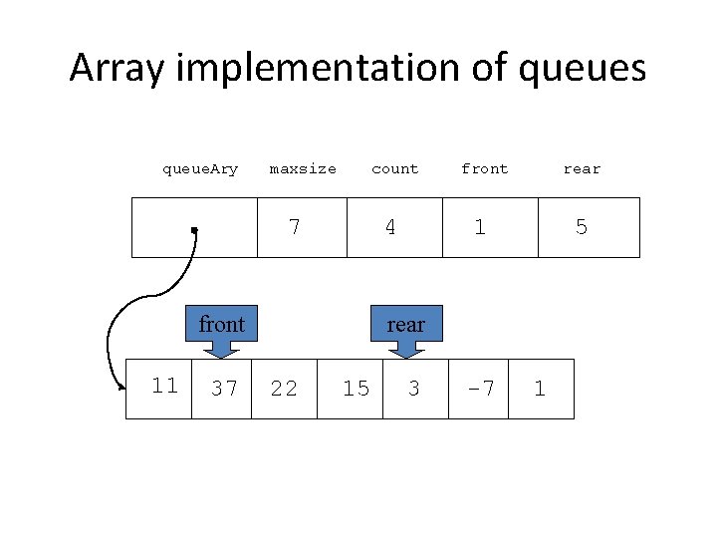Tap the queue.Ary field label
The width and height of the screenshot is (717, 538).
click(x=200, y=169)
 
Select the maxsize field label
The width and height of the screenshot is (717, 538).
click(x=303, y=169)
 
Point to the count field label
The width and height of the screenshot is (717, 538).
click(x=394, y=169)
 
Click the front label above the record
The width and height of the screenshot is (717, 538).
click(x=484, y=169)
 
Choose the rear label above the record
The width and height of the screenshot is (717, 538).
click(x=582, y=169)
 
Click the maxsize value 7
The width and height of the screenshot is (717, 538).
click(x=294, y=227)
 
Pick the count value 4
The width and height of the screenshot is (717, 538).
click(x=390, y=227)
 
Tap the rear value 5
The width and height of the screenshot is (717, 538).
click(x=582, y=227)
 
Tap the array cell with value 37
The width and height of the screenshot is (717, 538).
click(x=224, y=389)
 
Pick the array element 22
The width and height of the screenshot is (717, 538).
click(x=284, y=389)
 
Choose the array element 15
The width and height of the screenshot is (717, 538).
click(x=356, y=389)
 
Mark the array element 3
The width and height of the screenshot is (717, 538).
click(x=414, y=389)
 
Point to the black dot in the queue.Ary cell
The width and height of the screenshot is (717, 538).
click(x=195, y=230)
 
